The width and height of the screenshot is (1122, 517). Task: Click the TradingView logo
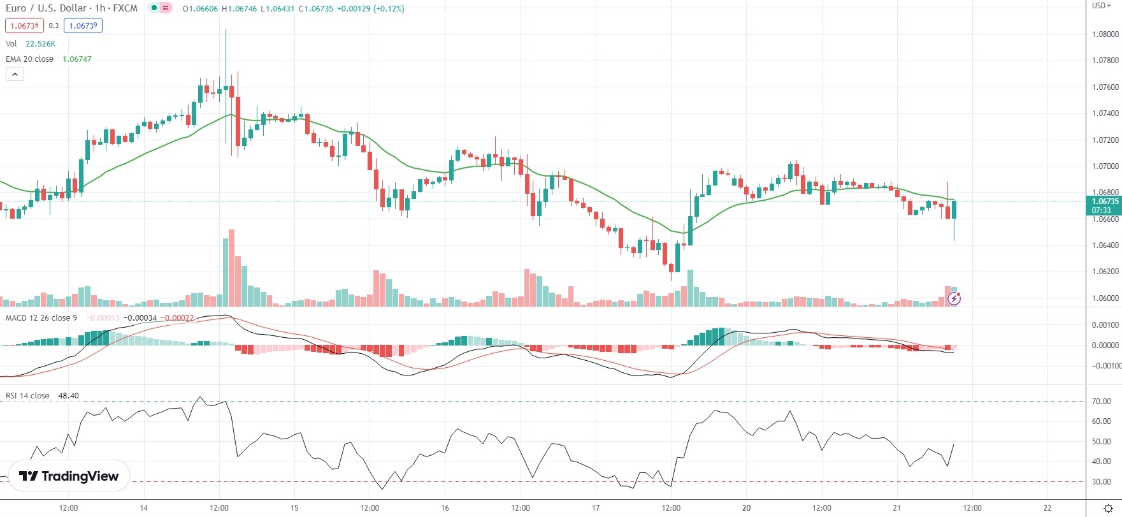point(69,476)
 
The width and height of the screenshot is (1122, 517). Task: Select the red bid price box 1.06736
point(24,25)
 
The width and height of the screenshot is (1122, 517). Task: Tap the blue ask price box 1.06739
point(83,25)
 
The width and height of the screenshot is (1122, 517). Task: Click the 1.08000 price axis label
point(1105,34)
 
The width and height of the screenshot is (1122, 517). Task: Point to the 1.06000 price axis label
point(1105,298)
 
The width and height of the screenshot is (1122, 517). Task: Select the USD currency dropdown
point(1101,6)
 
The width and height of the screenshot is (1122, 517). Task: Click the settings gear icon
point(1108,508)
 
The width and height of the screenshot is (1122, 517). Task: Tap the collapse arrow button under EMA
point(15,75)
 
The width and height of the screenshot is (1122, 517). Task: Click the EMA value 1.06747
point(76,59)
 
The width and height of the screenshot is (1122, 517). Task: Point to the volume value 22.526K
point(40,44)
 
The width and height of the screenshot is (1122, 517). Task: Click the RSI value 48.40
point(68,396)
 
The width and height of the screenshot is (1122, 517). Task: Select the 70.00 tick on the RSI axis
point(1101,402)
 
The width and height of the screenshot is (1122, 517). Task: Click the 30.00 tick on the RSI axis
point(1101,482)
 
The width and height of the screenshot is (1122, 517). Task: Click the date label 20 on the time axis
point(746,508)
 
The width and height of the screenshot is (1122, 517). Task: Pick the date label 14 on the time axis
point(144,508)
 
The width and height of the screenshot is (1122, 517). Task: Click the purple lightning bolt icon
point(954,298)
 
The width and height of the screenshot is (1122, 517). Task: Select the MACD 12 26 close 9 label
point(41,318)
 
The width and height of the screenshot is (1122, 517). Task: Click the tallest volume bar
point(231,268)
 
